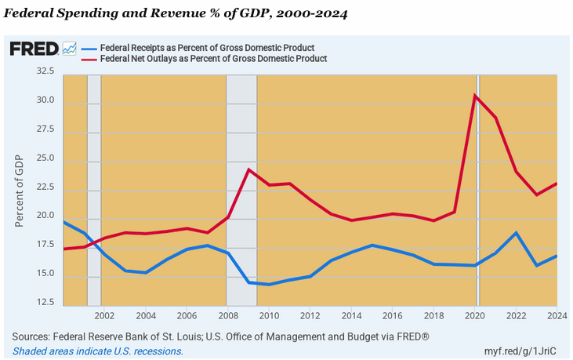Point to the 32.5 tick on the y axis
45,71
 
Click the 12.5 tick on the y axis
45,302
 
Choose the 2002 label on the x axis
104,316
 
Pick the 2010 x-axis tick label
269,316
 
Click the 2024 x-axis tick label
557,316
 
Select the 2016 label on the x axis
393,316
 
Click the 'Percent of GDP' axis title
20,191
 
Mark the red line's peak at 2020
475,96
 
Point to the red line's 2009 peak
248,169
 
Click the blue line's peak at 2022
516,232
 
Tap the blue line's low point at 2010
269,284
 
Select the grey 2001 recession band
93,188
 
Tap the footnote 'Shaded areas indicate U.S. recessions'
97,351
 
